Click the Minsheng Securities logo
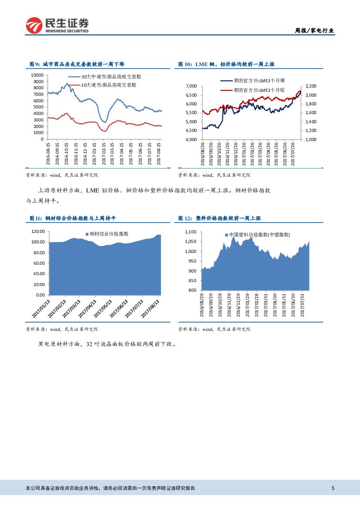click(x=57, y=25)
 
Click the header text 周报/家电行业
click(x=314, y=30)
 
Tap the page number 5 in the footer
click(x=333, y=488)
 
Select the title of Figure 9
click(x=77, y=64)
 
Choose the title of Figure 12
click(x=219, y=218)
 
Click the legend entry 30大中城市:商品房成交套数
click(x=111, y=77)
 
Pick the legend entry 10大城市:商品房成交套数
click(x=109, y=85)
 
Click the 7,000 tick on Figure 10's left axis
click(x=191, y=86)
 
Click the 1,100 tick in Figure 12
click(x=191, y=232)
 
